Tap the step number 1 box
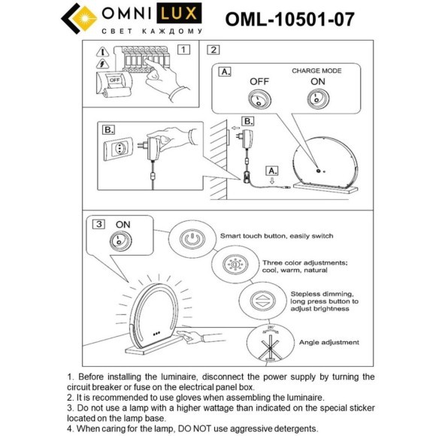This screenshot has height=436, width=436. pos(183,50)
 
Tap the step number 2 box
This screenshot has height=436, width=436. pos(213,50)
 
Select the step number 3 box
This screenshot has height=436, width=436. pos(99,224)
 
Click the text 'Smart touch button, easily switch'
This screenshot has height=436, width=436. pos(276,235)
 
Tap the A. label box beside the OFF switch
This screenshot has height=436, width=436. pos(226,72)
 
